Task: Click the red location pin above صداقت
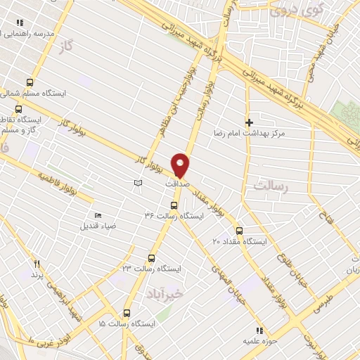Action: (181, 164)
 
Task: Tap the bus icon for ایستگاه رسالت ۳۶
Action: (174, 205)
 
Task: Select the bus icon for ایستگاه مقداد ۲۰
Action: (239, 230)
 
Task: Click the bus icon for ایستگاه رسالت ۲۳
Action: (151, 257)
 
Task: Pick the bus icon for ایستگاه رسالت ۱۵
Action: (127, 313)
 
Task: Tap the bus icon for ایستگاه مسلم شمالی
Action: (29, 82)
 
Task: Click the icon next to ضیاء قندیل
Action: (97, 216)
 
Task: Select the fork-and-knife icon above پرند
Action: (37, 263)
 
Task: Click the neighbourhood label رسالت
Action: (267, 186)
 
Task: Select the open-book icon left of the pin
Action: (139, 184)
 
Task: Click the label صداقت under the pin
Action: (176, 184)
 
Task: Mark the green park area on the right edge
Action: (347, 116)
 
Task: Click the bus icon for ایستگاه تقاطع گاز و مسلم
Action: (19, 109)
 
